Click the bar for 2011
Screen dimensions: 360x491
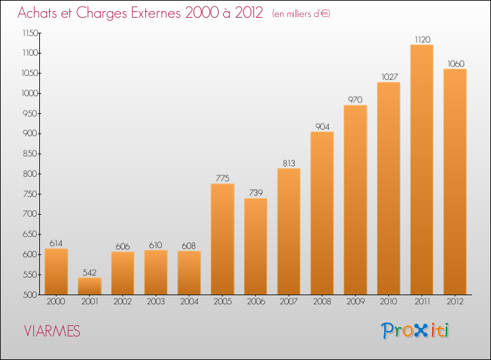422,170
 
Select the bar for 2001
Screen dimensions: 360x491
90,286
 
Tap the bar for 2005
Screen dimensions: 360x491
223,239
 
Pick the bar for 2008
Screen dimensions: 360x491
322,213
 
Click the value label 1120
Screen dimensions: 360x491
422,39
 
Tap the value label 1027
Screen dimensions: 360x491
389,77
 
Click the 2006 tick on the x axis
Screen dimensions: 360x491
255,301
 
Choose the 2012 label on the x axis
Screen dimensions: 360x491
455,301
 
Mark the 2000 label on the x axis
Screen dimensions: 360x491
56,301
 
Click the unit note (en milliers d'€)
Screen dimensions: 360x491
301,14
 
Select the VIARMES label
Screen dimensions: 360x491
52,332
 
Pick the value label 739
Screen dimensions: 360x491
255,193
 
